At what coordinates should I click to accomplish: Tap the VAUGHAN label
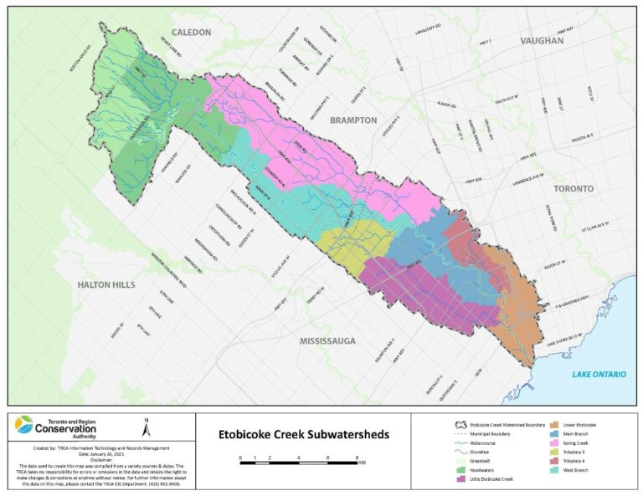[541, 40]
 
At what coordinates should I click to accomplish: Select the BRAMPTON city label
[352, 120]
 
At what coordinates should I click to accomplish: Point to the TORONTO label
[573, 189]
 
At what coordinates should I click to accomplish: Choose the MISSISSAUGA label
[327, 341]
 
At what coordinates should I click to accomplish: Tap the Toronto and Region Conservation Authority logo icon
[25, 427]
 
